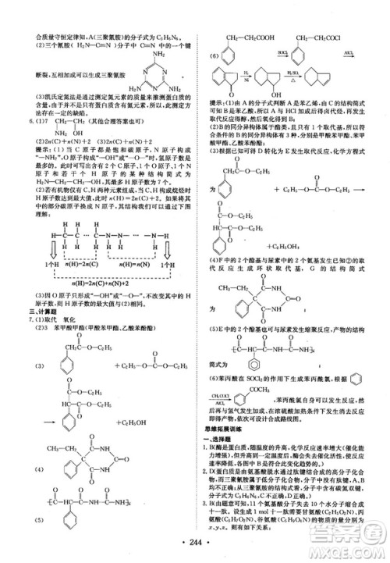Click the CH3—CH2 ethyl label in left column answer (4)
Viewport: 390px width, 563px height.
pos(48,448)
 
